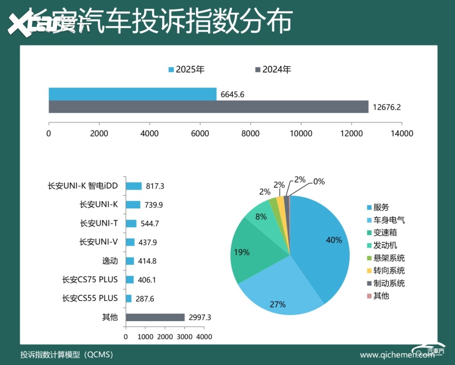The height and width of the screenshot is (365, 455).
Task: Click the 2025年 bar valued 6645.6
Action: tap(132, 94)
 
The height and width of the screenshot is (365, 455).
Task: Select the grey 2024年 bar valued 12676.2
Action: tap(208, 107)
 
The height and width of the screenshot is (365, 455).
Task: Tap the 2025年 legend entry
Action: tap(186, 69)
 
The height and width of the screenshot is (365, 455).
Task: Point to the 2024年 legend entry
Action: tap(273, 69)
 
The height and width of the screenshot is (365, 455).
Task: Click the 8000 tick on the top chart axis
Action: tap(250, 134)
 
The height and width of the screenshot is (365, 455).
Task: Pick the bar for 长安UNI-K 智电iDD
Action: tap(134, 186)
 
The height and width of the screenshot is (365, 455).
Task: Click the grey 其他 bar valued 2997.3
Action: tap(155, 317)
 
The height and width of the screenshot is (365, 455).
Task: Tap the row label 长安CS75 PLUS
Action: tap(90, 279)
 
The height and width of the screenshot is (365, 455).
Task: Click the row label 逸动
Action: tap(111, 261)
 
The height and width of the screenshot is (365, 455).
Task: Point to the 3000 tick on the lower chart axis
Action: tap(184, 337)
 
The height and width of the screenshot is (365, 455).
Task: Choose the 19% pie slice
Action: tap(246, 251)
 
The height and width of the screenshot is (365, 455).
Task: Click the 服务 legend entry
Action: tap(381, 207)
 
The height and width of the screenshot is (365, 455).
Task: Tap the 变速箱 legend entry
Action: tap(385, 232)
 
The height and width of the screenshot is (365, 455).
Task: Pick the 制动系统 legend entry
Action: tap(388, 283)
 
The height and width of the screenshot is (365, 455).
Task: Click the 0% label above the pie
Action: tap(319, 181)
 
